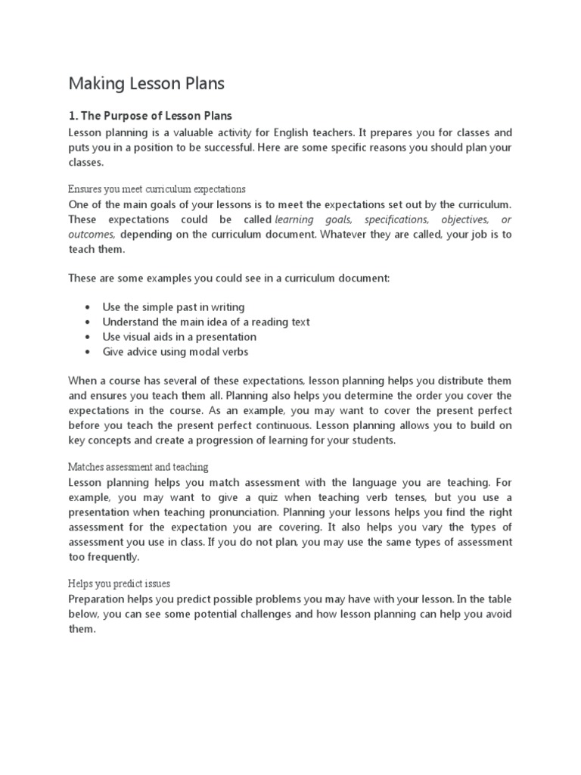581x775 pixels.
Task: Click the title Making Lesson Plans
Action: coord(146,84)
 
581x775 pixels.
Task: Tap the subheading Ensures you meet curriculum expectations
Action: coord(157,188)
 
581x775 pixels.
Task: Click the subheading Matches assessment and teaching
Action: coord(138,467)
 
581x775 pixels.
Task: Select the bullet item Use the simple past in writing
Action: coord(173,307)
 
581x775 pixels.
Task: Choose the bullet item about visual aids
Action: coord(179,337)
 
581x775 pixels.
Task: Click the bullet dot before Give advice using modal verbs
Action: coord(89,352)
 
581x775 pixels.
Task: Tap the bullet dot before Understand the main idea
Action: coord(89,322)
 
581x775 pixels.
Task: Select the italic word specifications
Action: coord(396,219)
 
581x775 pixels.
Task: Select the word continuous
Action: coord(275,425)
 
